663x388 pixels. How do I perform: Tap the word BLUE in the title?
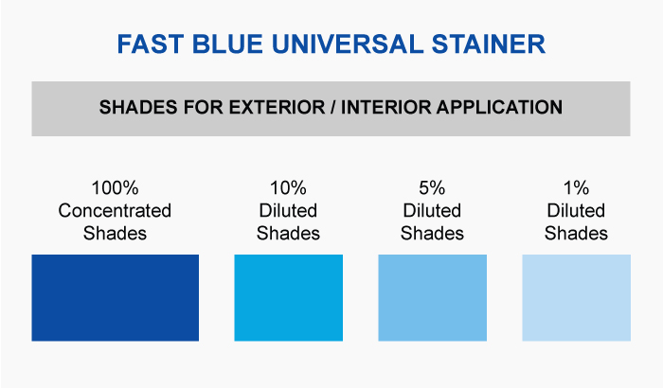point(227,44)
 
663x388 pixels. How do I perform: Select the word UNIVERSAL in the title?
point(348,44)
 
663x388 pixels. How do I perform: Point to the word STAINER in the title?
point(489,44)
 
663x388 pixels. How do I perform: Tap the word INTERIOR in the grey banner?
point(386,107)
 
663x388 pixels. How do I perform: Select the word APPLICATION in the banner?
point(500,107)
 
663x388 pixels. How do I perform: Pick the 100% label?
point(115,188)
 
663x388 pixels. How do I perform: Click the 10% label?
point(288,188)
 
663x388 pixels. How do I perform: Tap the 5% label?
point(432,188)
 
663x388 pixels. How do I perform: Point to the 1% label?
point(576,188)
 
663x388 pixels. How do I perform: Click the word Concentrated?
point(115,210)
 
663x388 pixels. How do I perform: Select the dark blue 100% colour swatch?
point(115,297)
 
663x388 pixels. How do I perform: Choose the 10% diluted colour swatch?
point(288,297)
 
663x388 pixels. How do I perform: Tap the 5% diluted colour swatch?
point(432,297)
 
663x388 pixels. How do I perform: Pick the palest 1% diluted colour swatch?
point(576,297)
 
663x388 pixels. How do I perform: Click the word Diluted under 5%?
point(432,210)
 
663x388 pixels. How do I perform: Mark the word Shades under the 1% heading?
point(576,234)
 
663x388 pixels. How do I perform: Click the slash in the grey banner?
point(332,107)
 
